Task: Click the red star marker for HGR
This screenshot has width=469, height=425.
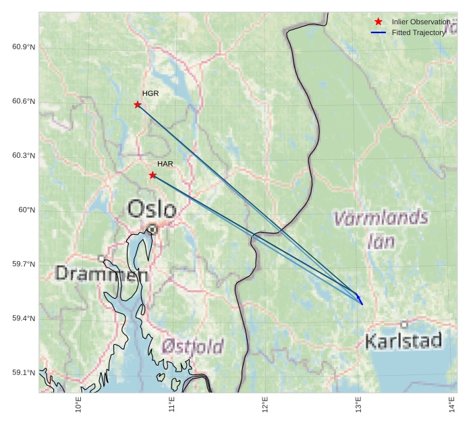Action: pos(138,105)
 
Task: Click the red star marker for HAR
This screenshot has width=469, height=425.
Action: pos(153,175)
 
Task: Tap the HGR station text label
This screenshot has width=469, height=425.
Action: pos(150,93)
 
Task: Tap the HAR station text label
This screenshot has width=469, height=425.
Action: pos(165,164)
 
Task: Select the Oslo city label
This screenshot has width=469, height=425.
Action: pos(152,209)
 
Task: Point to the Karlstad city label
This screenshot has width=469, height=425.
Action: pos(403,341)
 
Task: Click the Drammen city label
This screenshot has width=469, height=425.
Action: pos(101,274)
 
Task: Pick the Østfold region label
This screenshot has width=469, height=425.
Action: pos(192,347)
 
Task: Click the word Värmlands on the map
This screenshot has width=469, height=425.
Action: pos(381,218)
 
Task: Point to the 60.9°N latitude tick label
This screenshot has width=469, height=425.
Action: pos(24,47)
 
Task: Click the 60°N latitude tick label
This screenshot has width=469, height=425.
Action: pos(26,210)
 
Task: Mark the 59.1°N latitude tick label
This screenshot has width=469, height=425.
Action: pos(24,373)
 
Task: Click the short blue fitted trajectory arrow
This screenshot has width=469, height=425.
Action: pos(360,300)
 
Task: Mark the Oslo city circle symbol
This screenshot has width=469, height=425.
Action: pos(153,229)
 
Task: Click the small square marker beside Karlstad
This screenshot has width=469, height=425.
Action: pos(404,324)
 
